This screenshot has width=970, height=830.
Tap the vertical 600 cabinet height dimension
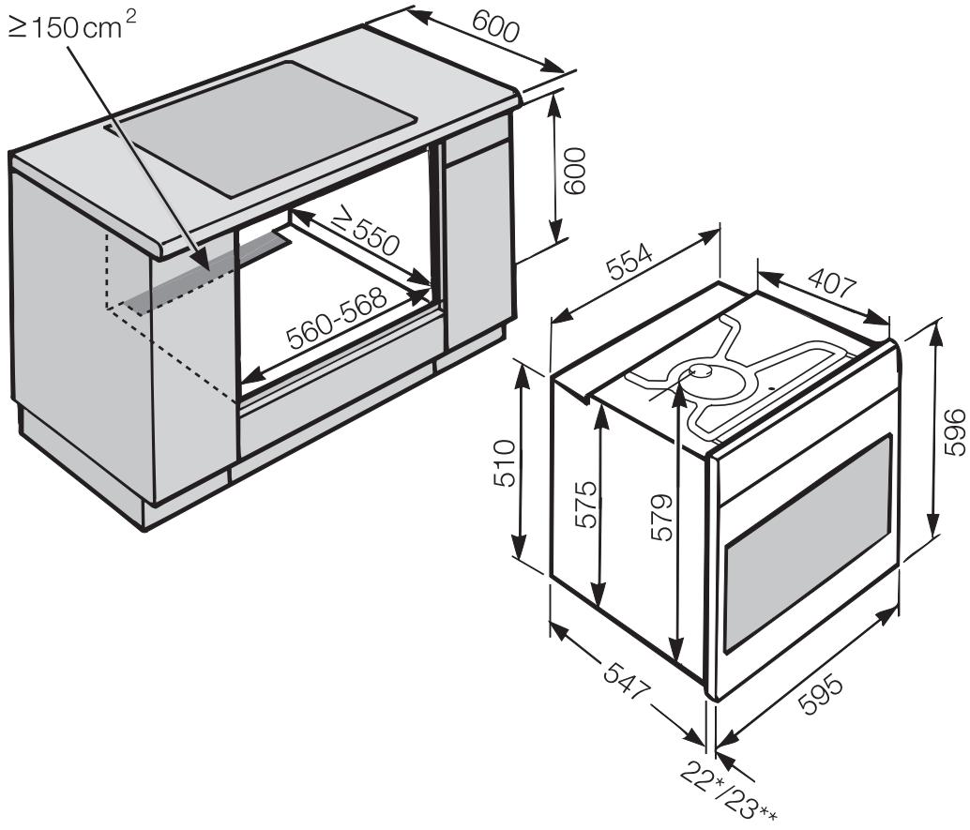point(574,170)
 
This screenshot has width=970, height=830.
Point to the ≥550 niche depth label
point(365,235)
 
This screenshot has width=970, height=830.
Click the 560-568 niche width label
point(338,321)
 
